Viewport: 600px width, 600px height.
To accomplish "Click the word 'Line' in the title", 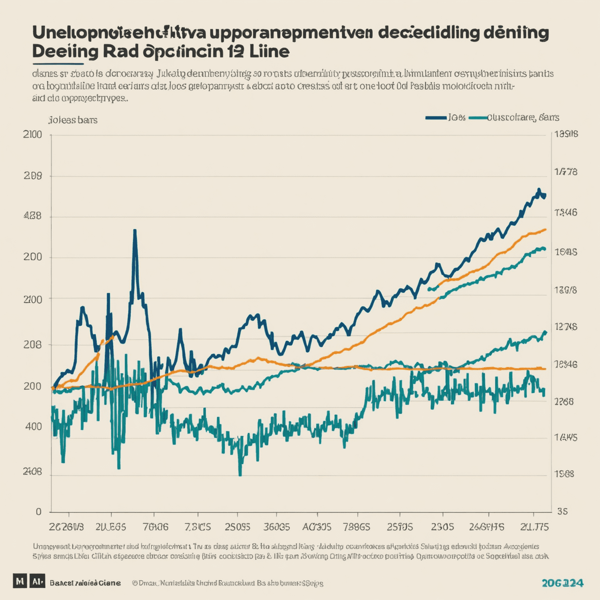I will tap(269, 52).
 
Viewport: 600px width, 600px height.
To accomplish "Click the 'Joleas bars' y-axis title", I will tap(73, 120).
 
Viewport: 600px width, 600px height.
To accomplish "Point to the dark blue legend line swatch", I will tap(436, 118).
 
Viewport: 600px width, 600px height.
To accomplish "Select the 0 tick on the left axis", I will tap(38, 512).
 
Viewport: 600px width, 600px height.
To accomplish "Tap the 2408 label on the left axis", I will tap(32, 472).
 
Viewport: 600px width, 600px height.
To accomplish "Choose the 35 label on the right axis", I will tap(562, 511).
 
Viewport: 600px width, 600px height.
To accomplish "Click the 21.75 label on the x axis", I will tap(534, 527).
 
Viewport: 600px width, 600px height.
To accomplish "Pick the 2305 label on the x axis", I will tap(442, 527).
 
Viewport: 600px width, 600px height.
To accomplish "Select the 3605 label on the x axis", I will tap(277, 527).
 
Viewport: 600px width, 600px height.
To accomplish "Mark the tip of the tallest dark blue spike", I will tap(135, 230).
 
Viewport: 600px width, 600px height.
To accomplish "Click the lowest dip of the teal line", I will tap(240, 475).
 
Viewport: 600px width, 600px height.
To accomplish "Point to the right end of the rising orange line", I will tap(545, 230).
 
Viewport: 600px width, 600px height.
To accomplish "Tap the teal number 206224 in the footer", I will tap(562, 583).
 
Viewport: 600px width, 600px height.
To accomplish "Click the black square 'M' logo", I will tap(20, 581).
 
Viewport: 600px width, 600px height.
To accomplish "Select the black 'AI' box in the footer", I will tap(37, 581).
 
